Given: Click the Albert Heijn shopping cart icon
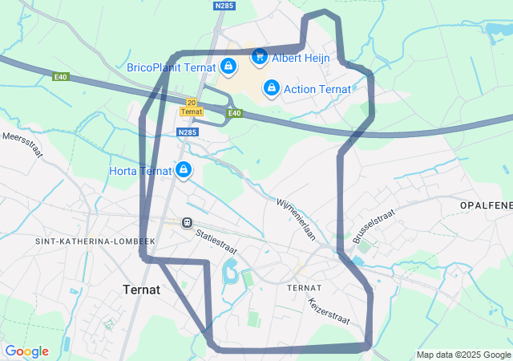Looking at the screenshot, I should point(259,56).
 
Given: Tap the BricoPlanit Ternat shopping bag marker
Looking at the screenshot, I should point(228,67).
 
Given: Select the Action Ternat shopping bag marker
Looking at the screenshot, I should point(271,87).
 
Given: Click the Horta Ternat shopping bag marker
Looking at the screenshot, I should point(184,169).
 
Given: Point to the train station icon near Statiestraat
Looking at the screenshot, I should point(186,222).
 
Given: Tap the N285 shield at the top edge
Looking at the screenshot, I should point(224,6).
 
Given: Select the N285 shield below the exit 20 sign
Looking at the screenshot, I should point(188,132).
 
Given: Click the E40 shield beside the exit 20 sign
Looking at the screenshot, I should point(233,113).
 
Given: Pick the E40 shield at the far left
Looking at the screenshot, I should point(61,77).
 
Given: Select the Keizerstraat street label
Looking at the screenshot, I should point(329,311).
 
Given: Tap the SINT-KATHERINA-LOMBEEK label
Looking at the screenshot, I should point(88,241).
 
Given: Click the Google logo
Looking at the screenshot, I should point(26,351).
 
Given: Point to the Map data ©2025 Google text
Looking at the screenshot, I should point(463,355).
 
